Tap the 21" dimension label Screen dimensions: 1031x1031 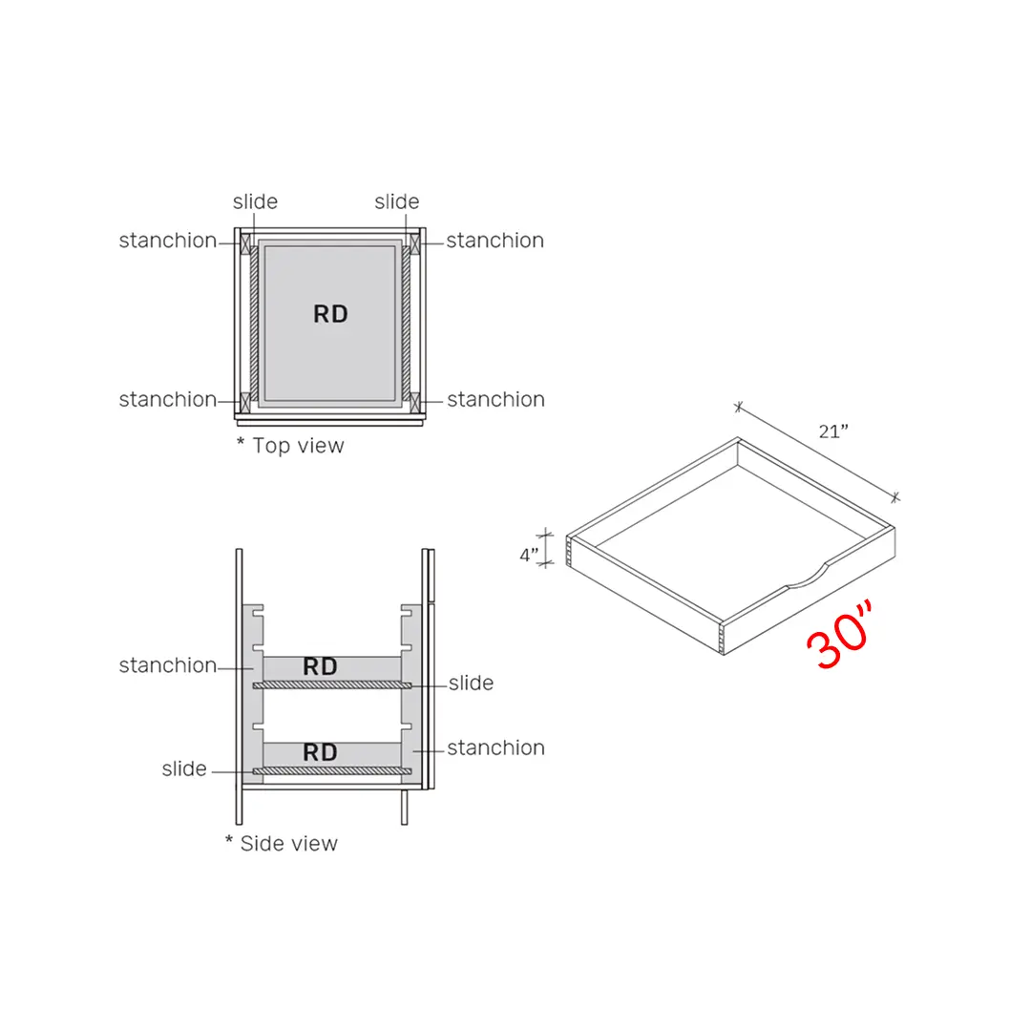click(833, 431)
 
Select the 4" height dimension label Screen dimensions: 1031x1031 click(529, 554)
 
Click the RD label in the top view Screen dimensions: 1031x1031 click(330, 314)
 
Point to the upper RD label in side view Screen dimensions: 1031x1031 click(320, 666)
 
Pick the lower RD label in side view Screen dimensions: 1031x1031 click(320, 752)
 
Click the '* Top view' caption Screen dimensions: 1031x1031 click(290, 445)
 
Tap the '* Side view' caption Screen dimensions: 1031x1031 click(282, 843)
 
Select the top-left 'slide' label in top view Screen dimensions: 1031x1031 click(255, 201)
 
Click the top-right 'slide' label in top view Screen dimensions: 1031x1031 click(396, 201)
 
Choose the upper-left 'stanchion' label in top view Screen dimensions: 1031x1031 click(167, 241)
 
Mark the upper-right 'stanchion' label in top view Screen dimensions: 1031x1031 click(494, 241)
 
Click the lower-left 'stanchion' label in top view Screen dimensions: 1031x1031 click(167, 399)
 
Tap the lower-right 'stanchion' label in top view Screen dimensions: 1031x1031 click(495, 399)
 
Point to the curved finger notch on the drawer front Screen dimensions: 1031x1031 click(808, 577)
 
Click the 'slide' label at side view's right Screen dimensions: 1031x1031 click(471, 683)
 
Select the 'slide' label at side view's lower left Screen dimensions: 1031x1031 click(184, 768)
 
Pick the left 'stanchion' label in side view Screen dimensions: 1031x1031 click(167, 665)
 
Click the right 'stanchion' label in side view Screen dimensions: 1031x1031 click(495, 747)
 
